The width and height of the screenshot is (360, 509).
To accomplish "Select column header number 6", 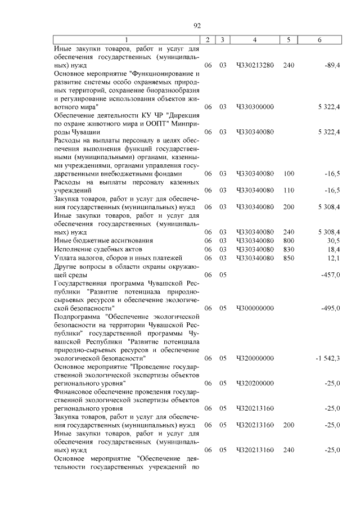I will tap(319, 40).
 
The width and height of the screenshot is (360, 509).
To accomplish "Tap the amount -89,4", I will tap(332, 66).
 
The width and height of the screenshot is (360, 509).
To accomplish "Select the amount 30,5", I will tap(334, 240).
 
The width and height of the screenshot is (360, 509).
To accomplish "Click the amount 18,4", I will tap(334, 249).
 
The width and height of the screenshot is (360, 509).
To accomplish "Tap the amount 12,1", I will tap(334, 258).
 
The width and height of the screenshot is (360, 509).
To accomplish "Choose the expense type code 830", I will tap(289, 249).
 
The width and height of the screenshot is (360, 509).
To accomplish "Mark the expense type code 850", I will tap(289, 258).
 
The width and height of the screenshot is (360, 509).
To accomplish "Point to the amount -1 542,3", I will tap(327, 358).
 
